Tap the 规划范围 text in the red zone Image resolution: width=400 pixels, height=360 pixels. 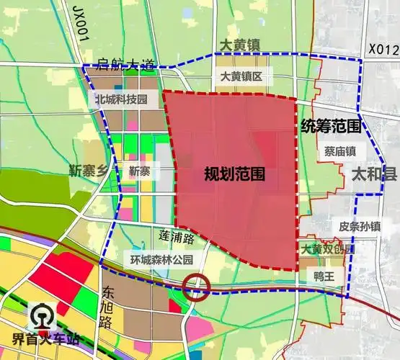click(x=234, y=174)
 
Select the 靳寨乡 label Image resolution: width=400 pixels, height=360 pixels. click(x=93, y=171)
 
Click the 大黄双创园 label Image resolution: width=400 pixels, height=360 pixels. click(x=329, y=249)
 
